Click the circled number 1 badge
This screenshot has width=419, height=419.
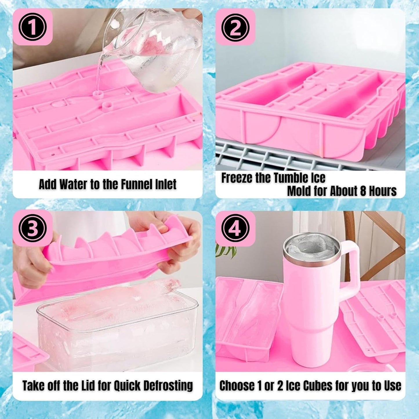tap(32, 28)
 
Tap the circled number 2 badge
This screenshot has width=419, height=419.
tap(235, 28)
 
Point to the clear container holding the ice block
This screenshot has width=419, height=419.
tap(116, 333)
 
